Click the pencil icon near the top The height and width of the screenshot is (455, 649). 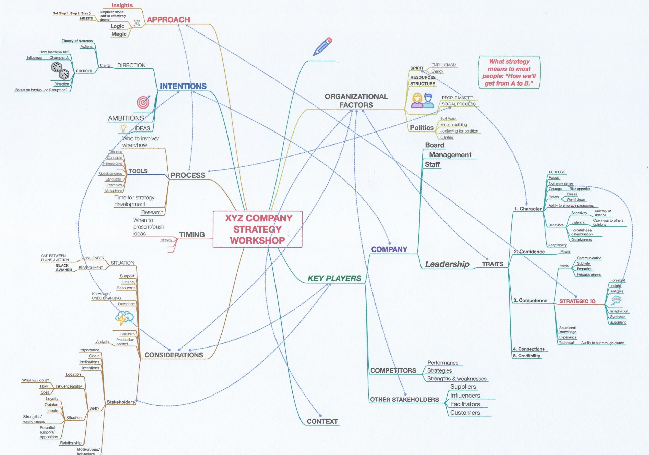point(322,47)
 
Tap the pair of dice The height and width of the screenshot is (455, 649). point(60,70)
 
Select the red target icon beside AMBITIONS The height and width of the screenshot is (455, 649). point(143,102)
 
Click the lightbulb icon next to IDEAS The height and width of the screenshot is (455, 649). point(123,128)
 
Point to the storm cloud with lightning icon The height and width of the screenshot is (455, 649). point(124,318)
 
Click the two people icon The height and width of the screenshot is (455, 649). point(423,101)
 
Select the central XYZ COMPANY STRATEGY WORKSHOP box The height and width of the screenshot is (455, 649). point(257,229)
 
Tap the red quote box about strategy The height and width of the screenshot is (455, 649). point(509,72)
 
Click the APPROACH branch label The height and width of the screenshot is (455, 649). point(168,20)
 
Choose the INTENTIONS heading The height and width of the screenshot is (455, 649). point(183,86)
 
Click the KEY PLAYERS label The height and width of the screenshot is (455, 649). point(334,278)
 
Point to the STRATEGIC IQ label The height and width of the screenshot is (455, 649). point(577,301)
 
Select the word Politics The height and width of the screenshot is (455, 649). point(422,128)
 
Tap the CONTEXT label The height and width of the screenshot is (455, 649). point(322,421)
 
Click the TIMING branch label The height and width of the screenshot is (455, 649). point(192,235)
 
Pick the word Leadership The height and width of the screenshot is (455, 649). point(447,264)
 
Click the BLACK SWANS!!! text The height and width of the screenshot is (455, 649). point(64,268)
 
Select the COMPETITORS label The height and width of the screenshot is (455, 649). point(393,370)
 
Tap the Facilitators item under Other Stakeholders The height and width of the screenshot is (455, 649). point(465,404)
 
